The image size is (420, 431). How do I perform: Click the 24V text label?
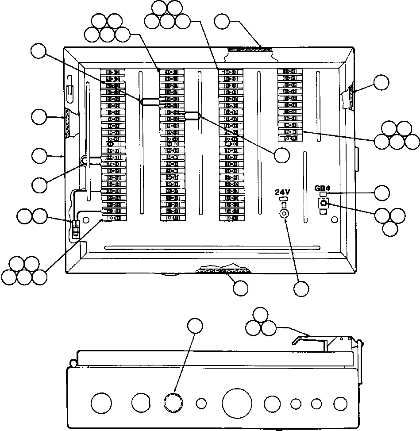[282, 192]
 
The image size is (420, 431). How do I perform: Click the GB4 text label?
[323, 187]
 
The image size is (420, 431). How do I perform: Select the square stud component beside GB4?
[324, 203]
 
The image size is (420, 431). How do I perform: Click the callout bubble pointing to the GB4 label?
[381, 192]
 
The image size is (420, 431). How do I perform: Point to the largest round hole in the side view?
[237, 403]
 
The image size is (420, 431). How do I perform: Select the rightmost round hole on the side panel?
[340, 404]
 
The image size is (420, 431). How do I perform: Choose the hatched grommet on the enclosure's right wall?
[349, 96]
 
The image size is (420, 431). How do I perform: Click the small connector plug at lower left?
[75, 227]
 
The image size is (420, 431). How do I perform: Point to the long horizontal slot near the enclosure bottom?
[212, 247]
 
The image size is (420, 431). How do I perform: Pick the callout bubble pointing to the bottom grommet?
[240, 288]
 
